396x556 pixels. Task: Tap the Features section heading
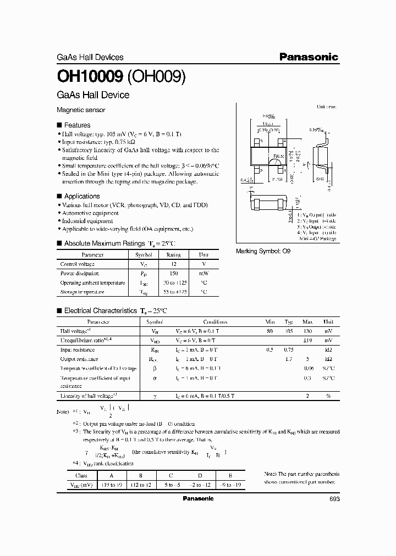[x=78, y=125]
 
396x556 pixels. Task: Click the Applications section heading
[x=82, y=196]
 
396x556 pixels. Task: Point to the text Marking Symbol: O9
[x=262, y=251]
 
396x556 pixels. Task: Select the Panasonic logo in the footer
[x=197, y=498]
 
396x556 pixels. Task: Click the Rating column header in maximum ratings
[x=173, y=255]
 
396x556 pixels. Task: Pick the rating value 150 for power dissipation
[x=173, y=273]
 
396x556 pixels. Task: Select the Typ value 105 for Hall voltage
[x=289, y=331]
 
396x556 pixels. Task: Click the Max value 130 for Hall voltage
[x=308, y=331]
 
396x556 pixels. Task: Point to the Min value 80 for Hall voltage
[x=269, y=331]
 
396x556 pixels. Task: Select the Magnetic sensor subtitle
[x=81, y=110]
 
